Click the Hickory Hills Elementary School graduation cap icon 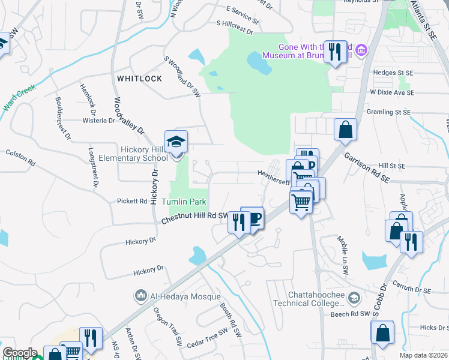tap(176, 142)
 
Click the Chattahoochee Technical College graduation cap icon tap(355, 298)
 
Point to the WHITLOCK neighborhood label tap(140, 79)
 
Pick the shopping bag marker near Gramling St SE tap(346, 130)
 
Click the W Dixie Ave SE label tap(392, 92)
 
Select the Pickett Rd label tap(132, 201)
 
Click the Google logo tap(20, 353)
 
